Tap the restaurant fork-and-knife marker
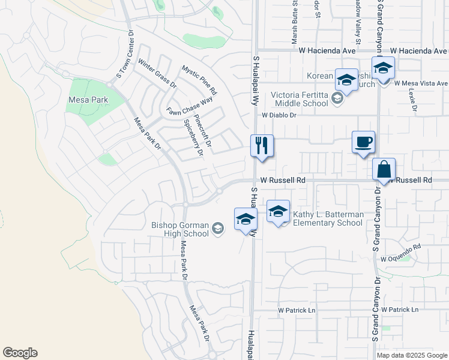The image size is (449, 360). point(262,146)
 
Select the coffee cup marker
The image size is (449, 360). point(363,143)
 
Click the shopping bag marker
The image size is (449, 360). point(384,170)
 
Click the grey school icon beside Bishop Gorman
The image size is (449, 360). point(217,228)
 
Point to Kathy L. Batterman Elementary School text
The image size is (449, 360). point(328,218)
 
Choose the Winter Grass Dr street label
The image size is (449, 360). point(157,73)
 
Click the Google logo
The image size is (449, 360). point(20,353)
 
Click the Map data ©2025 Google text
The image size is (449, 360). point(411,355)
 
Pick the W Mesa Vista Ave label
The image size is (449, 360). point(421,83)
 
